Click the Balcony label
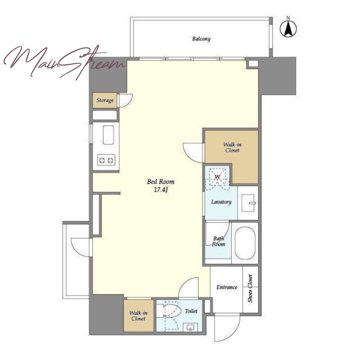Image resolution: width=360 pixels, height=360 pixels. coord(201,39)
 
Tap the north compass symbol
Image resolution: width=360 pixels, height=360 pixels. coord(288,29)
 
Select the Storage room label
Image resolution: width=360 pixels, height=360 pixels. coord(105,100)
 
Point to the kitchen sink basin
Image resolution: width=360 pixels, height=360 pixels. coord(108,135)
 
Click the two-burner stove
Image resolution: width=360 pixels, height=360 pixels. coord(106,160)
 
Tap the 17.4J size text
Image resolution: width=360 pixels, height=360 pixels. coord(161,190)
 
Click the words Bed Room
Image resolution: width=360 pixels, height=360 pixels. coord(161,182)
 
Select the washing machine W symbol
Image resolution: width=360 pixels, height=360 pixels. coord(217,177)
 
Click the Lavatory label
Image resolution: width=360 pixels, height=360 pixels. coord(221,202)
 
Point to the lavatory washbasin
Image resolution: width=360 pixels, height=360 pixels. coord(248,203)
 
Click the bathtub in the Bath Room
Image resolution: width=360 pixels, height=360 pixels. coord(245,243)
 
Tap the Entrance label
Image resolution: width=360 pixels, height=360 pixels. coord(227,287)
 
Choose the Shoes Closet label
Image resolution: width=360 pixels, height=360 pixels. coord(250,288)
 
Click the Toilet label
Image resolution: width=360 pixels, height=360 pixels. coord(191,311)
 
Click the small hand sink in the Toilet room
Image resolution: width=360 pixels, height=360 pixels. coord(190,327)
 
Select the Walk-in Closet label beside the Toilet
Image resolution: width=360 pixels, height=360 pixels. coord(138,316)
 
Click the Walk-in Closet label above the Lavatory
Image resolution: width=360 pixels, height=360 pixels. coord(232,148)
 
